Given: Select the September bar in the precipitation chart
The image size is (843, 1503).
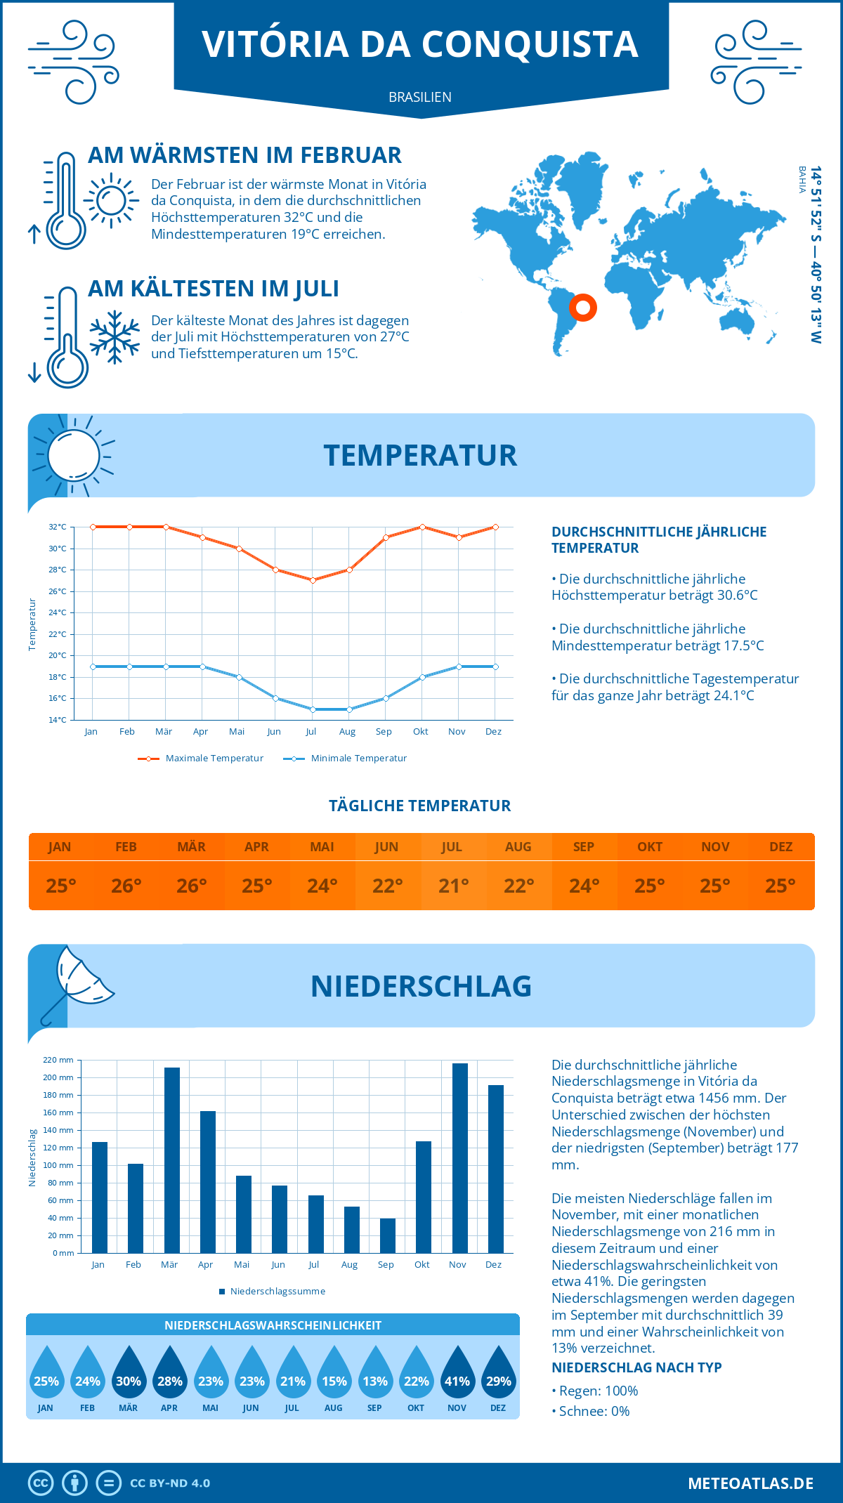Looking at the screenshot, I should [x=387, y=1235].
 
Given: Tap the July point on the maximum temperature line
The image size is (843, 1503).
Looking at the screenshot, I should [x=313, y=580].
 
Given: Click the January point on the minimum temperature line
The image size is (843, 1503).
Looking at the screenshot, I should [x=93, y=667].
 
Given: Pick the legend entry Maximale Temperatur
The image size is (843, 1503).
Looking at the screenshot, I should [x=201, y=759].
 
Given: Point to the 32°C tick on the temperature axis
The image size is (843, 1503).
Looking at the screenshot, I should [x=58, y=527].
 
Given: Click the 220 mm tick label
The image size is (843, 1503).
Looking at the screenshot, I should [x=59, y=1060].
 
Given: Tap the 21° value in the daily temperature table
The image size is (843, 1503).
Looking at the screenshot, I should [x=453, y=886].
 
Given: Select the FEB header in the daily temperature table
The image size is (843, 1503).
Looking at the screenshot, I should [x=126, y=847].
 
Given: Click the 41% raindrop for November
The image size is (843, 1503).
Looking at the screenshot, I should [x=457, y=1374].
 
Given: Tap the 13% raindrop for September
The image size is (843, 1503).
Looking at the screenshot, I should [x=375, y=1374].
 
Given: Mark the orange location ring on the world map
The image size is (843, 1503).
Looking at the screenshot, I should [x=582, y=307].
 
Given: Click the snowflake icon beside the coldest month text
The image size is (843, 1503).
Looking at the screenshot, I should [x=115, y=337].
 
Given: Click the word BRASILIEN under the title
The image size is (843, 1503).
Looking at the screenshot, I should [x=420, y=97].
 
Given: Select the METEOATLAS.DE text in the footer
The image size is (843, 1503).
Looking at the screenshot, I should [x=750, y=1483].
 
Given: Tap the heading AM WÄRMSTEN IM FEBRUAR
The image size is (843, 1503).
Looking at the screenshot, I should [x=244, y=155].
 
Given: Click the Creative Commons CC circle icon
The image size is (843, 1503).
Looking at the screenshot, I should [x=41, y=1483].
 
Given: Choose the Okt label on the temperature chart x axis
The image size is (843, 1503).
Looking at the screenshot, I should [x=420, y=732].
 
